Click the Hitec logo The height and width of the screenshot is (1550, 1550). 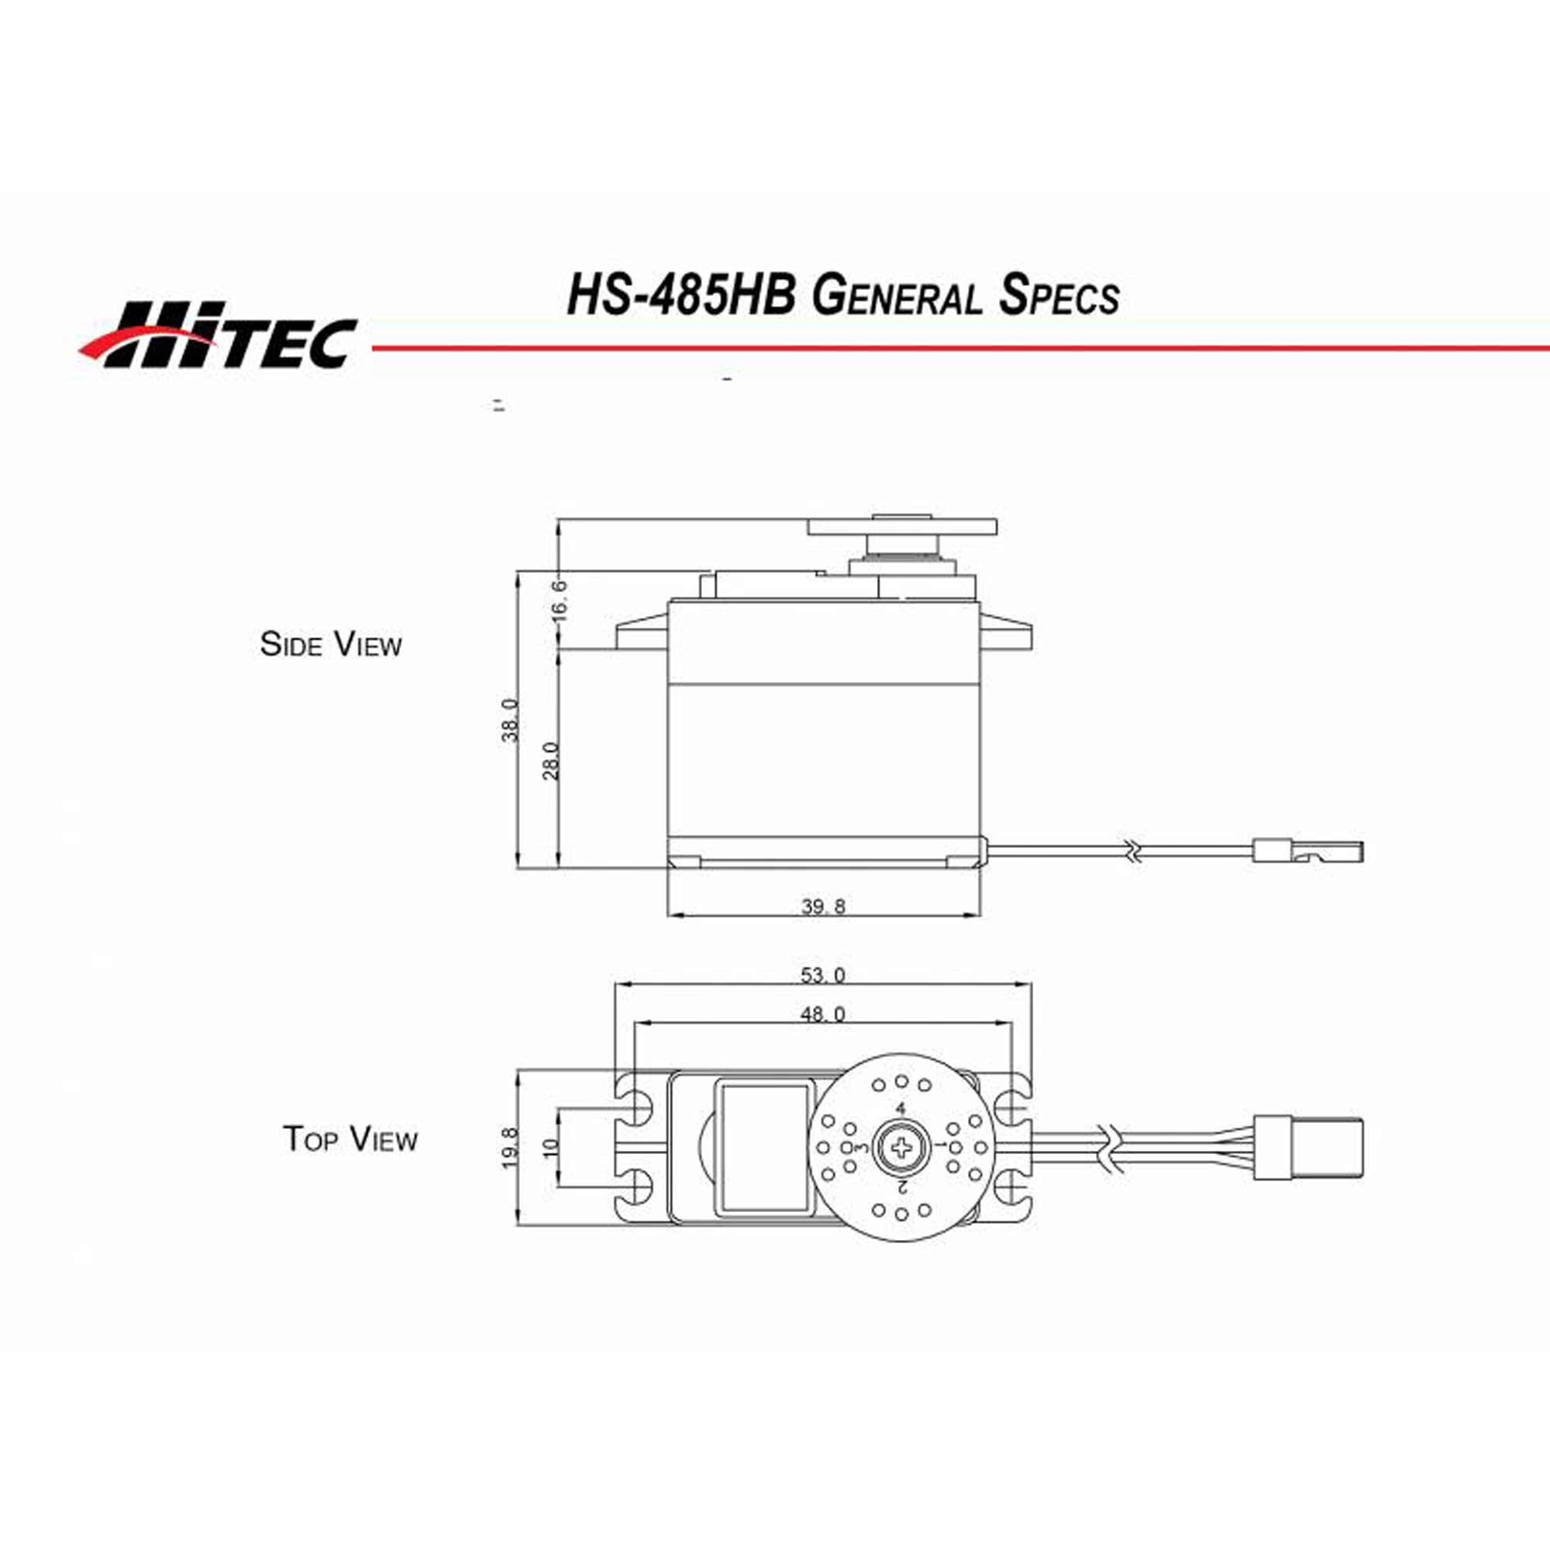point(219,335)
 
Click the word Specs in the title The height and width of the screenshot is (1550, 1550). point(1058,297)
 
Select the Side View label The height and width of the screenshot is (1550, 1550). point(331,644)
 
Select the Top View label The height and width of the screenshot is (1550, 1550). point(350,1139)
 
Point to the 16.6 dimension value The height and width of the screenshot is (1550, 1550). point(560,599)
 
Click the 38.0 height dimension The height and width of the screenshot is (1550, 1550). point(511,720)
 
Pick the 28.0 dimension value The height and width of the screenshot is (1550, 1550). point(551,759)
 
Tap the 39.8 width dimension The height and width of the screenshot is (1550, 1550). point(823,907)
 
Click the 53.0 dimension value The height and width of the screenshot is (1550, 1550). point(822,976)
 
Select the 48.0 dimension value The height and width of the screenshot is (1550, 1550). point(822,1015)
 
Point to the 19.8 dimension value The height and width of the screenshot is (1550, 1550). point(511,1148)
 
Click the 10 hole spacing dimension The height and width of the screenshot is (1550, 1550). point(550,1148)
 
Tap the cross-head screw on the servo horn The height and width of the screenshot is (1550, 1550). point(902,1147)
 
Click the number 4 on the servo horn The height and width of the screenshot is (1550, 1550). point(900,1109)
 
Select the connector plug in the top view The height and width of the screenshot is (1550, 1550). point(1307,1148)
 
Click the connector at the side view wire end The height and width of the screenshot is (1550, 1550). point(1307,850)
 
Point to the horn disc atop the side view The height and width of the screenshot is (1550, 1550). point(902,527)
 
